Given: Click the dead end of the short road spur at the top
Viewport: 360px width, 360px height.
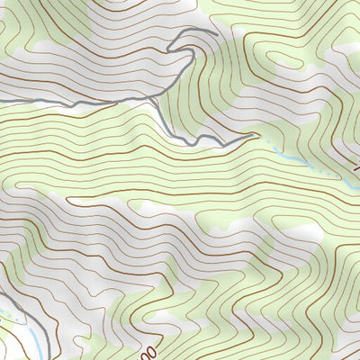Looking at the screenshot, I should [x=217, y=33].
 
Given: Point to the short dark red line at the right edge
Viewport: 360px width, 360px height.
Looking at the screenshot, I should [x=353, y=162].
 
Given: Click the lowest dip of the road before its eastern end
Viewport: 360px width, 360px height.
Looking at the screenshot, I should [x=216, y=144].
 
